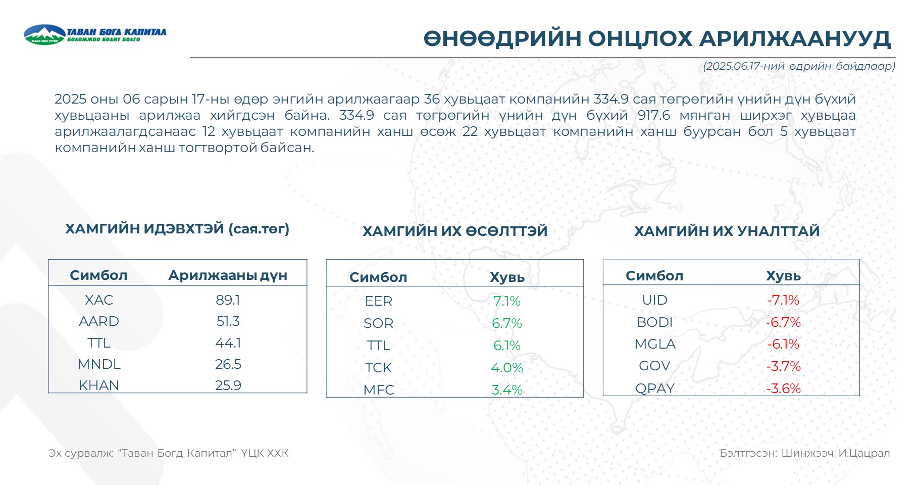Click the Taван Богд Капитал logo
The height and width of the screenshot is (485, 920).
point(95,34)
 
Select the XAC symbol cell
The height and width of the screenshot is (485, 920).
point(99,300)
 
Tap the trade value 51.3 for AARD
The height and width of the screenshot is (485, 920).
point(228,321)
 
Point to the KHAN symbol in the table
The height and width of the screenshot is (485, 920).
point(99,385)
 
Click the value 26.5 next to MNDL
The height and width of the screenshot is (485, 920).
point(228,364)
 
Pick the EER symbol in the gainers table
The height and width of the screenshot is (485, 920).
point(379,301)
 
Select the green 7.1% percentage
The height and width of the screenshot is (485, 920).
point(506,301)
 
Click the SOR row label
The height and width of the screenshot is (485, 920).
point(379,323)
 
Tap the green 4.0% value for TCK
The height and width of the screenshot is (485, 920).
point(507,368)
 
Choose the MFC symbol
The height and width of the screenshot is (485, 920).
point(379,390)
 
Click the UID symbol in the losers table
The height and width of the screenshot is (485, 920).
point(655,300)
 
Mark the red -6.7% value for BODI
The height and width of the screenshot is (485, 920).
point(783,322)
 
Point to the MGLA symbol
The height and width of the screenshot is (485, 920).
point(655,344)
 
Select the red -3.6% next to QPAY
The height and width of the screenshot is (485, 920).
point(783,389)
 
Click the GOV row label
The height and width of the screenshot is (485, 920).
point(655,366)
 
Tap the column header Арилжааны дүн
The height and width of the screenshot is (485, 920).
point(228,275)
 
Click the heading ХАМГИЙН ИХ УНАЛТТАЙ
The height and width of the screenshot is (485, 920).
point(727,231)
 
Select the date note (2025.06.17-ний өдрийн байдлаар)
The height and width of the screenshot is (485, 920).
point(799,66)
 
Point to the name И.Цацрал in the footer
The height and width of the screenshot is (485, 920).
point(864,453)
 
